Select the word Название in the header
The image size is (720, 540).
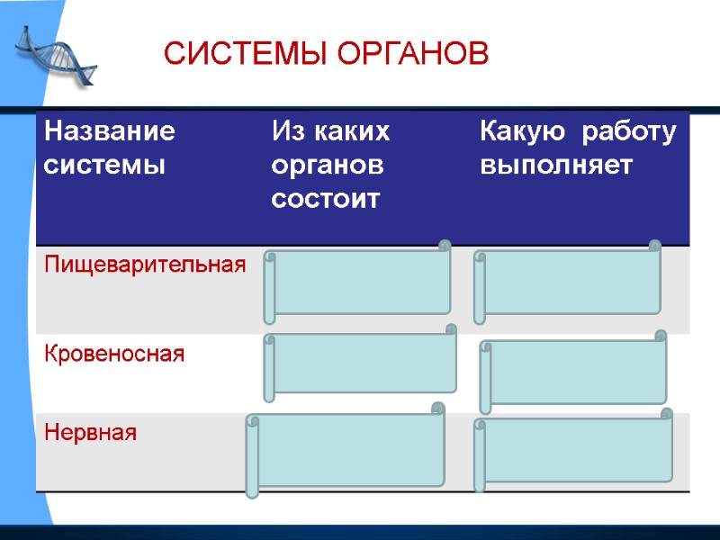pyautogui.click(x=110, y=132)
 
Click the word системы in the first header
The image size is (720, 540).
pyautogui.click(x=104, y=166)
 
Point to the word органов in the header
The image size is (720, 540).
pyautogui.click(x=327, y=166)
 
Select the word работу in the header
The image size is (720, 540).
pyautogui.click(x=628, y=132)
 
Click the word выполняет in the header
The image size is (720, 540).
pyautogui.click(x=556, y=166)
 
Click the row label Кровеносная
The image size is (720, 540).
pyautogui.click(x=114, y=354)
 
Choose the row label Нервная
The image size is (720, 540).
pyautogui.click(x=91, y=433)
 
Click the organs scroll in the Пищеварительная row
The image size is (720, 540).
pyautogui.click(x=358, y=282)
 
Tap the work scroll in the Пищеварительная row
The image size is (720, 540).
pyautogui.click(x=569, y=282)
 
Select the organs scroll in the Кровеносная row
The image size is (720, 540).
pyautogui.click(x=360, y=364)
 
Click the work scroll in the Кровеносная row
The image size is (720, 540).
pyautogui.click(x=574, y=371)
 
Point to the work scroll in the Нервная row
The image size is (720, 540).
pyautogui.click(x=574, y=449)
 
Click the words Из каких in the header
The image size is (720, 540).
pyautogui.click(x=330, y=132)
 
